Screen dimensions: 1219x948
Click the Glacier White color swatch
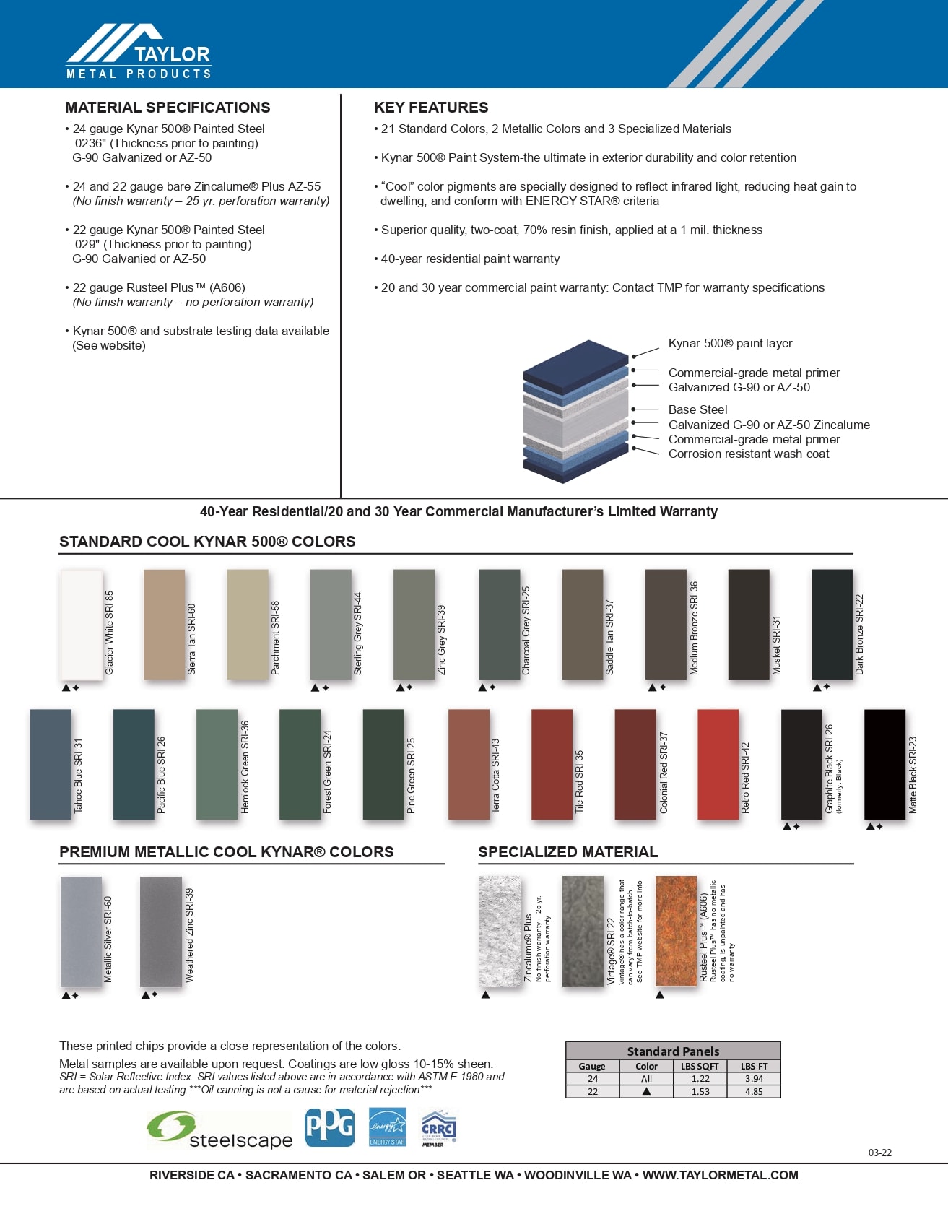point(81,625)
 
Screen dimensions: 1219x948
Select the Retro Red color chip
point(718,764)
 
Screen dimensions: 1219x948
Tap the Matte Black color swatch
point(884,764)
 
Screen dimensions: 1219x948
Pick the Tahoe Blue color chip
point(51,764)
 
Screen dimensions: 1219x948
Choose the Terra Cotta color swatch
point(469,764)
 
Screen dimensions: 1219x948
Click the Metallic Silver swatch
point(81,932)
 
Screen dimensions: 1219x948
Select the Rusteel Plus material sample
point(676,931)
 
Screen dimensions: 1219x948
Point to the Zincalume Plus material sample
point(500,931)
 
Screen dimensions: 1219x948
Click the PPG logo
point(329,1127)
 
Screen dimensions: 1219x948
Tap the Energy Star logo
point(388,1127)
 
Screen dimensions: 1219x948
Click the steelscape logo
point(219,1131)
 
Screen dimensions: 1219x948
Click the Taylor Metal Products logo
point(139,52)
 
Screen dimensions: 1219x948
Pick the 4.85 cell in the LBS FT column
point(754,1091)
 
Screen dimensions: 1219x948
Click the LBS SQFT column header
point(700,1066)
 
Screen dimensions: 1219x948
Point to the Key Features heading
point(431,108)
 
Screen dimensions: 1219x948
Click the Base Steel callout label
point(697,409)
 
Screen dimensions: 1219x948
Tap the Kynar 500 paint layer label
point(730,343)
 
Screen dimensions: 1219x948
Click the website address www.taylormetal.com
point(720,1175)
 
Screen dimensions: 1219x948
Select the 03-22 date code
point(879,1153)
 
